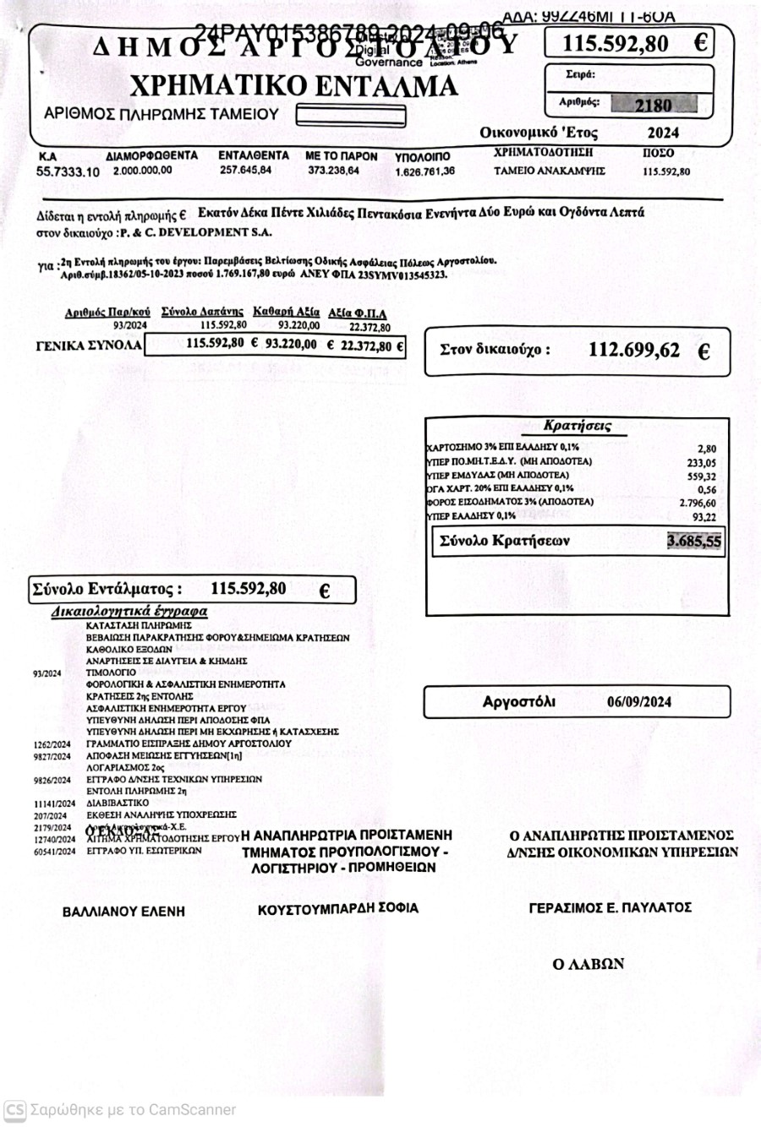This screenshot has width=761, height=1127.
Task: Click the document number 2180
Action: (x=653, y=105)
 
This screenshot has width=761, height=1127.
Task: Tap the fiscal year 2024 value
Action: (x=663, y=133)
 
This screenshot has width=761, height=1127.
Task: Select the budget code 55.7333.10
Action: (x=68, y=171)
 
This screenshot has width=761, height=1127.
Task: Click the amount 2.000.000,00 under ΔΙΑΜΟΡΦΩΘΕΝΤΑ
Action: (x=142, y=171)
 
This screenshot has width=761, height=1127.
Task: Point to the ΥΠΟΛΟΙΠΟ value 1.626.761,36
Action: (x=424, y=171)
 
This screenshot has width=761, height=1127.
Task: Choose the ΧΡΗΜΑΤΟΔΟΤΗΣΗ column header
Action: (x=543, y=153)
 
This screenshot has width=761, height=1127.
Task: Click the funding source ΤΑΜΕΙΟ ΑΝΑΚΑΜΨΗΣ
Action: (x=550, y=171)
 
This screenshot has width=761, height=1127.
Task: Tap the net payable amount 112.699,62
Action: (x=634, y=350)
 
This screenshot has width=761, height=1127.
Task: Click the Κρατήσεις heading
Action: (x=578, y=426)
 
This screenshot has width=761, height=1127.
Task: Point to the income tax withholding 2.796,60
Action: (x=698, y=504)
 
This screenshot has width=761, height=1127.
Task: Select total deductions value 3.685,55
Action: (x=694, y=542)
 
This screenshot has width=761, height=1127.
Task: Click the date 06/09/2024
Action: (x=639, y=702)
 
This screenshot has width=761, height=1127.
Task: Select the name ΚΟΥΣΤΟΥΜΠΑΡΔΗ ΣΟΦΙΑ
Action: (x=338, y=908)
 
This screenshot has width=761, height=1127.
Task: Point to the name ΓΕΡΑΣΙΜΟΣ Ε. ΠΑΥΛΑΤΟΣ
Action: (x=610, y=908)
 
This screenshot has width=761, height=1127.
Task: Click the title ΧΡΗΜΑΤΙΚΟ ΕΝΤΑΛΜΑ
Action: (x=293, y=86)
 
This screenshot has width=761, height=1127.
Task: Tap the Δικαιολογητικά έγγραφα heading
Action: (x=129, y=611)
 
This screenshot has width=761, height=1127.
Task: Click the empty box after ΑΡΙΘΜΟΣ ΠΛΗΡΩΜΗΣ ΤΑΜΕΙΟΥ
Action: (x=351, y=114)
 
